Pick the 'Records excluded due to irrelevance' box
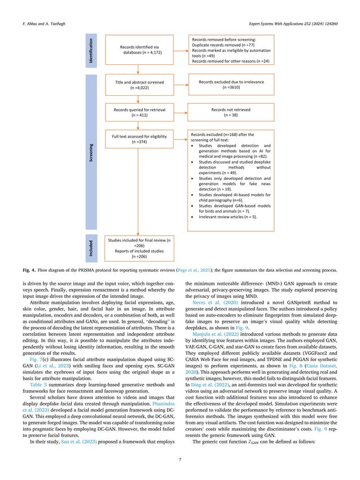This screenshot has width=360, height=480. [223, 85]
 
